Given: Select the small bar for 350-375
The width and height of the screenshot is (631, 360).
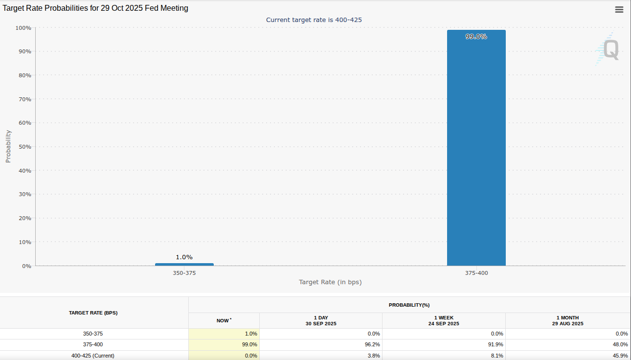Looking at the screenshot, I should pyautogui.click(x=184, y=265).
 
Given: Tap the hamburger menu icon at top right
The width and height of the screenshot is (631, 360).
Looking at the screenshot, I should pyautogui.click(x=619, y=9).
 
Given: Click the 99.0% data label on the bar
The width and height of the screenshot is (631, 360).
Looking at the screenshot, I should pyautogui.click(x=476, y=36).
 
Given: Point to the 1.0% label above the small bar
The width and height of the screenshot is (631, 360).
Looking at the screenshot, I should pyautogui.click(x=184, y=257).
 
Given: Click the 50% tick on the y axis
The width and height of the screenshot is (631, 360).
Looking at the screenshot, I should pyautogui.click(x=24, y=147).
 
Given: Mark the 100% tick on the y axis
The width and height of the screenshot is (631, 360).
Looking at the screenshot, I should pyautogui.click(x=23, y=28).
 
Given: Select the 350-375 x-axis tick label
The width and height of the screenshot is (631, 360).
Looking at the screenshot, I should pyautogui.click(x=184, y=273).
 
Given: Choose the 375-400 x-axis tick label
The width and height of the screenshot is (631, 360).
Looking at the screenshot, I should pyautogui.click(x=476, y=273).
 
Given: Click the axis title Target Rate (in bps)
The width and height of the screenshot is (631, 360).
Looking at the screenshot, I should pyautogui.click(x=330, y=282).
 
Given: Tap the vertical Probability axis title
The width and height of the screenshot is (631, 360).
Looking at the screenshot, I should pyautogui.click(x=8, y=146).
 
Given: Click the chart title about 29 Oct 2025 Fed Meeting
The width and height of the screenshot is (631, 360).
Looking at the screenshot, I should pyautogui.click(x=95, y=8).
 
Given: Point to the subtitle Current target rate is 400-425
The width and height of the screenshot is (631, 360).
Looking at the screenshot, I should pyautogui.click(x=314, y=20).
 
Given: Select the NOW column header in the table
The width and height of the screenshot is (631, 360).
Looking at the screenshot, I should pyautogui.click(x=224, y=320).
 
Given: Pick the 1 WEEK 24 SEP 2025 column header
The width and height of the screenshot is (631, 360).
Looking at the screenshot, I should pyautogui.click(x=444, y=320).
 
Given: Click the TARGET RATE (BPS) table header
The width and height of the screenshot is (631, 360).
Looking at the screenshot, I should pyautogui.click(x=93, y=313).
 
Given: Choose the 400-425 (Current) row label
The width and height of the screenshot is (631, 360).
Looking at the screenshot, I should pyautogui.click(x=93, y=356).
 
